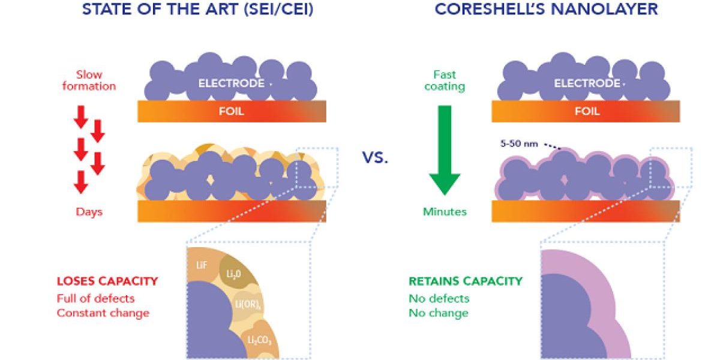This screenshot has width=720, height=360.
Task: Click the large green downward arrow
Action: (x=444, y=150)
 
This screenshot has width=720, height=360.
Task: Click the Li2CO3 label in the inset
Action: (x=259, y=340)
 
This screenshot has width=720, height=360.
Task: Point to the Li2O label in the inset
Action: (x=234, y=274)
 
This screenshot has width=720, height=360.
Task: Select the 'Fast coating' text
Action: (x=445, y=80)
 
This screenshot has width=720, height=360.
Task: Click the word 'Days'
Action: (x=89, y=212)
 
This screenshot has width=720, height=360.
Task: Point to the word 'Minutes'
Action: (x=445, y=212)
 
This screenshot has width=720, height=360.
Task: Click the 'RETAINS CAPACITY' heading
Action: (x=466, y=281)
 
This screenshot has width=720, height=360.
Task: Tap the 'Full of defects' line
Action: (x=96, y=298)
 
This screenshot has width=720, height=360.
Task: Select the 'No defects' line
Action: (x=439, y=298)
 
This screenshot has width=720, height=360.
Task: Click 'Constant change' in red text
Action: (x=103, y=313)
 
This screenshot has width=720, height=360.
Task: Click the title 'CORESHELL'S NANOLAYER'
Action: (x=547, y=10)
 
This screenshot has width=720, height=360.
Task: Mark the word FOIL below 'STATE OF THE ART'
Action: (x=232, y=112)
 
